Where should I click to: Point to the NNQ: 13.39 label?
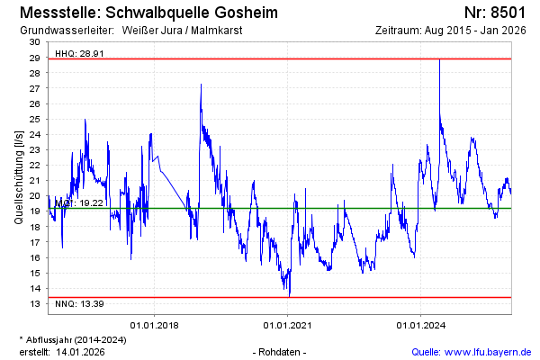point(74,303)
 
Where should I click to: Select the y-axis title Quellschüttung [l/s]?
point(19,175)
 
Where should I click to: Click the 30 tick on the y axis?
point(34,42)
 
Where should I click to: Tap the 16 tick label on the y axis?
point(34,257)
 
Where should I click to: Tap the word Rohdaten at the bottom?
point(281,351)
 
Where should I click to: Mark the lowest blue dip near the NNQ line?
point(289,293)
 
